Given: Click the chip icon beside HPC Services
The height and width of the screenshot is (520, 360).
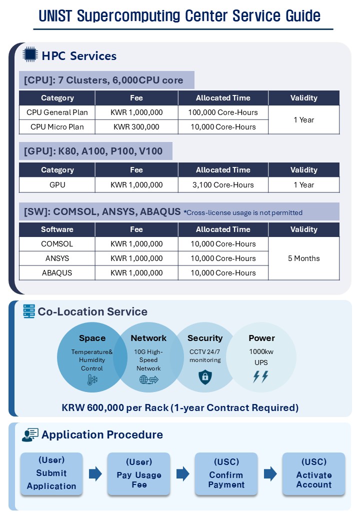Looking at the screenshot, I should pyautogui.click(x=30, y=54).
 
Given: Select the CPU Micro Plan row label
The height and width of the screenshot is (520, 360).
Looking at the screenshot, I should pyautogui.click(x=57, y=127).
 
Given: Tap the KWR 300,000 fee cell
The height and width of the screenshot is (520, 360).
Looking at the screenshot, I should pyautogui.click(x=136, y=127).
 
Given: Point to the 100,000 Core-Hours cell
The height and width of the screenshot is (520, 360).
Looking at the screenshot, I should pyautogui.click(x=223, y=112).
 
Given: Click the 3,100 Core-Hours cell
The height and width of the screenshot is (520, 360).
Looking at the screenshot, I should pyautogui.click(x=223, y=185).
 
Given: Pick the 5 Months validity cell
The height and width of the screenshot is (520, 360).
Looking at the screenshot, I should pyautogui.click(x=303, y=258).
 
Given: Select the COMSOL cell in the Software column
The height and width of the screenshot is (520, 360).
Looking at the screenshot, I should pyautogui.click(x=57, y=244).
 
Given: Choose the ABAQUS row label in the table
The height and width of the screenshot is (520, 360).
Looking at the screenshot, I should pyautogui.click(x=57, y=273).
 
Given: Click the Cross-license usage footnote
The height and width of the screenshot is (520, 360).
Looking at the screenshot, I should pyautogui.click(x=243, y=212).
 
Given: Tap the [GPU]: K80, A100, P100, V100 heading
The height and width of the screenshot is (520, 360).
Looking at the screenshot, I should pyautogui.click(x=93, y=151).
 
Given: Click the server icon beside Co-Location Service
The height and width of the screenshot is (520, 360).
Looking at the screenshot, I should pyautogui.click(x=29, y=311).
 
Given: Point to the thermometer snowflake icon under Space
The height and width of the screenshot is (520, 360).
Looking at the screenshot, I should pyautogui.click(x=92, y=380).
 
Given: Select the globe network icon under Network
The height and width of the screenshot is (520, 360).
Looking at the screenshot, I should pyautogui.click(x=148, y=380).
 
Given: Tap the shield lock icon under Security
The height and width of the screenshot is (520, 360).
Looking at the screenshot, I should pyautogui.click(x=205, y=377).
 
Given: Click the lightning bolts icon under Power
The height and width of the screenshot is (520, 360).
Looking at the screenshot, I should pyautogui.click(x=260, y=376).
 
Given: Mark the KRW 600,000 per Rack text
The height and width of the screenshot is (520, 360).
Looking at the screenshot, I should pyautogui.click(x=180, y=407).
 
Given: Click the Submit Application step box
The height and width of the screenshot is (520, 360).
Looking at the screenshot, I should pyautogui.click(x=51, y=473).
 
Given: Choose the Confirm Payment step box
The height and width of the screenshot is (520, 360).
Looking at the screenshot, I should pyautogui.click(x=226, y=473).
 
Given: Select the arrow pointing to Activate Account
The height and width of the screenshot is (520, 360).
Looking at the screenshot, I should pyautogui.click(x=270, y=473).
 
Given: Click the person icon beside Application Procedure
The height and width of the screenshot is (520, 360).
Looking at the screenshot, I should pyautogui.click(x=30, y=435).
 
